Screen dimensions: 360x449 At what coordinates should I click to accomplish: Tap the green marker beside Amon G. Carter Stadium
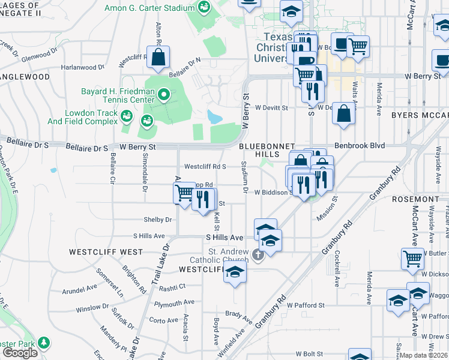205,7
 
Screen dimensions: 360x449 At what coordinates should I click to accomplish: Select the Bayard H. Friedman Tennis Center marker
163,95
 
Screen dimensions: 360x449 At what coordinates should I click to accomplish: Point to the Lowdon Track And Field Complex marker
127,116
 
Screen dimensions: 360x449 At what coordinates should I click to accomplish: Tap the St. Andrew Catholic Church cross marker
258,255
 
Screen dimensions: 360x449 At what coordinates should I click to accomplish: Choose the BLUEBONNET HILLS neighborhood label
267,150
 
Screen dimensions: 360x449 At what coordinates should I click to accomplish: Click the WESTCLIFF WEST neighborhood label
106,252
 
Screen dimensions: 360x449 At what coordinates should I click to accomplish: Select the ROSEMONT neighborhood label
423,199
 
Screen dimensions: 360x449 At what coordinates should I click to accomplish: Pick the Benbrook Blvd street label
358,145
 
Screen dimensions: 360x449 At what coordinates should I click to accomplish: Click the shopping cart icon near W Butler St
412,259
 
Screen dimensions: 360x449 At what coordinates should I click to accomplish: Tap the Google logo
20,353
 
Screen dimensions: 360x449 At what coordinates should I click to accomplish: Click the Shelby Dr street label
157,220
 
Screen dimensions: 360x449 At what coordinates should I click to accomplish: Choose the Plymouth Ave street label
174,303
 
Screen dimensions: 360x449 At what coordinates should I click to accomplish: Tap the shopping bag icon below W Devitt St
343,115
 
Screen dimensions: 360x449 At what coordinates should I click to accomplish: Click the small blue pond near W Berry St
214,116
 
